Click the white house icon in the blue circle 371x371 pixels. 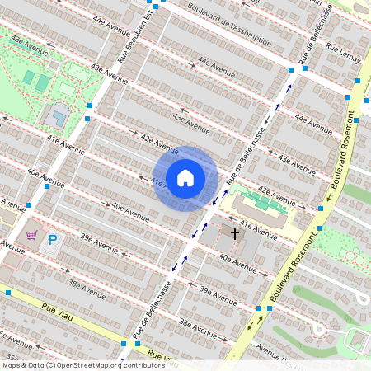pyautogui.click(x=185, y=177)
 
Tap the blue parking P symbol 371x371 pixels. pyautogui.click(x=53, y=241)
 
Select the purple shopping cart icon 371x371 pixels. pyautogui.click(x=31, y=235)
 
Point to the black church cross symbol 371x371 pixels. pyautogui.click(x=234, y=234)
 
